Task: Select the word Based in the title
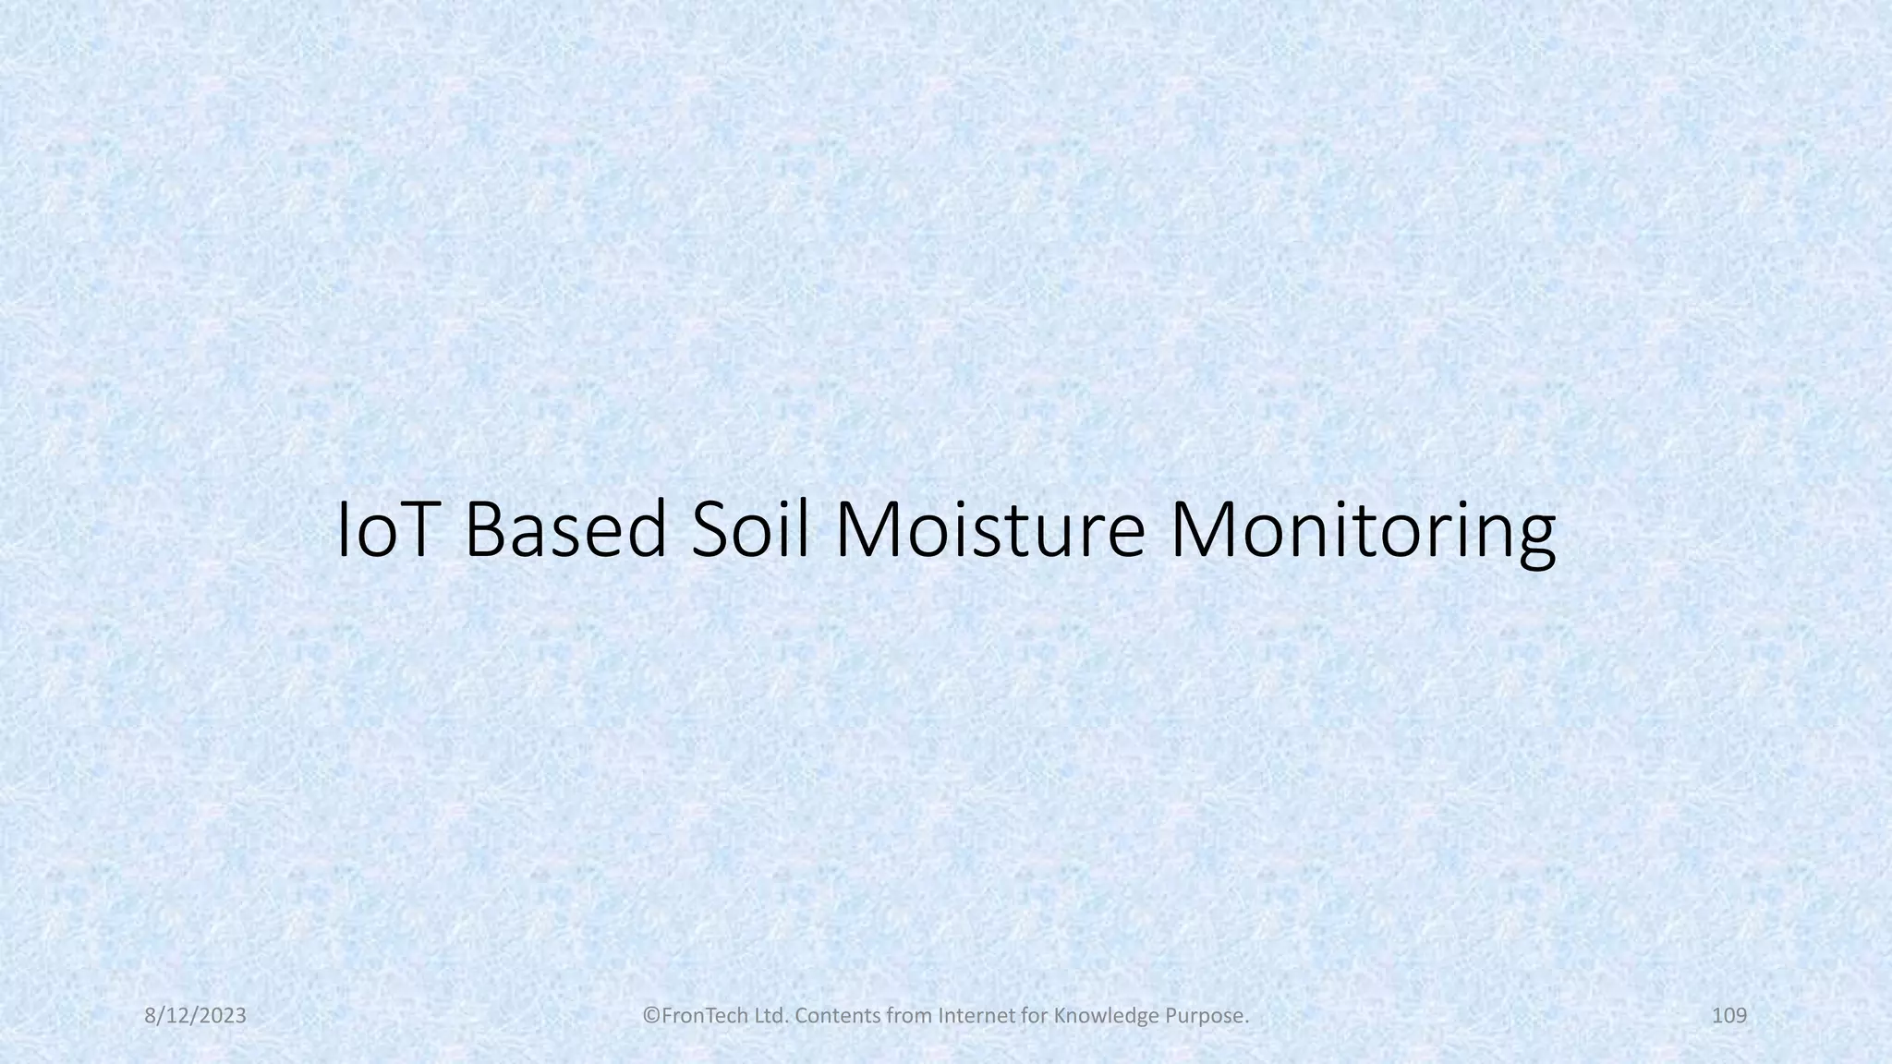pos(564,531)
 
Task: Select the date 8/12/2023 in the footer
pos(196,1016)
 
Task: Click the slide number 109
pos(1729,1016)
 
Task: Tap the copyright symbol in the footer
pos(650,1016)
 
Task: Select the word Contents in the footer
pos(827,1016)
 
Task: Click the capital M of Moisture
pos(868,531)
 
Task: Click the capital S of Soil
pos(712,531)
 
